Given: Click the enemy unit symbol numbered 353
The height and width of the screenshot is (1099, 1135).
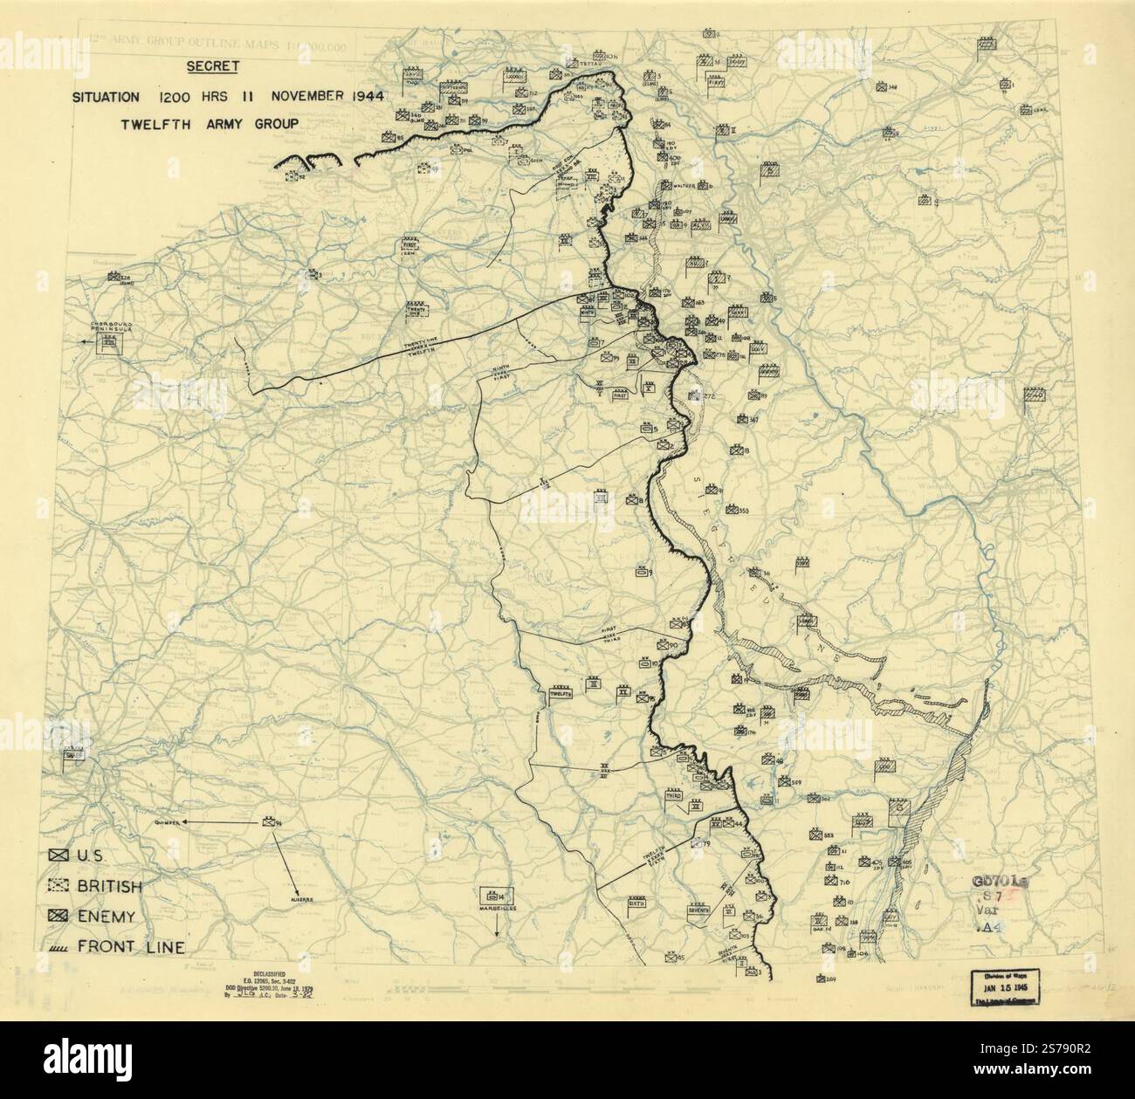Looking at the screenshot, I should click(x=733, y=510).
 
